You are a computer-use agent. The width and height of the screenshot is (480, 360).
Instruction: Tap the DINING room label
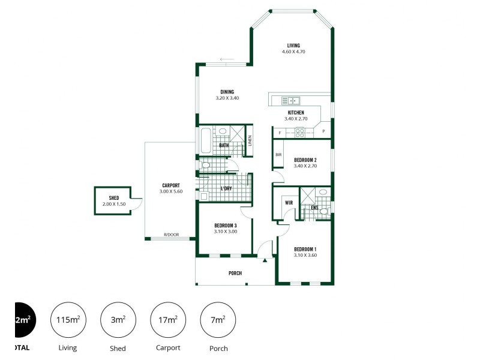point(227,92)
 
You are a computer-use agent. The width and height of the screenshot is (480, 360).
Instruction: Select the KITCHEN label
point(296,113)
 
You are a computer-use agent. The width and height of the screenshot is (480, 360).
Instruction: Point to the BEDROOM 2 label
point(305,160)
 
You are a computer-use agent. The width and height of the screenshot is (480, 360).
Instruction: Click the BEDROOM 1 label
point(305,249)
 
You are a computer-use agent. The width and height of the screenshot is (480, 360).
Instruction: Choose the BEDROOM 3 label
point(226,226)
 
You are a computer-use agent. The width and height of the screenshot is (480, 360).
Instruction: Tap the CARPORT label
point(171,185)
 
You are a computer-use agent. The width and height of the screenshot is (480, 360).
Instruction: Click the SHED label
point(114,198)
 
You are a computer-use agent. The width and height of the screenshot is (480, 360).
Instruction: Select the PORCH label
point(235,274)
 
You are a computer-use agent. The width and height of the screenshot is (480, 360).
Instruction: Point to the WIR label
point(289,203)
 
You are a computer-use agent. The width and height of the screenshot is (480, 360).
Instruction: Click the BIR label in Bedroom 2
point(278,155)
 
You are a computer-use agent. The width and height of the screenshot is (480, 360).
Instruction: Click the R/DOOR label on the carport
point(172,235)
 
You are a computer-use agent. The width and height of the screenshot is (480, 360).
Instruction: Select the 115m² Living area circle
point(68,320)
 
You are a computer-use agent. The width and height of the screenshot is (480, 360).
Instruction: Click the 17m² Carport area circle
point(167,320)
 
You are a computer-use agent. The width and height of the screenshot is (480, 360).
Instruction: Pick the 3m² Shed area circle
point(118,320)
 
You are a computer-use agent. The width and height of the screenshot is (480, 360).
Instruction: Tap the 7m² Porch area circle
point(218,320)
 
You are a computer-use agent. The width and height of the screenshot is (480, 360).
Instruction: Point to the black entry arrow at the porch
point(265,260)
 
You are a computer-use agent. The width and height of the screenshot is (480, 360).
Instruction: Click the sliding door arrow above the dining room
point(226,59)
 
